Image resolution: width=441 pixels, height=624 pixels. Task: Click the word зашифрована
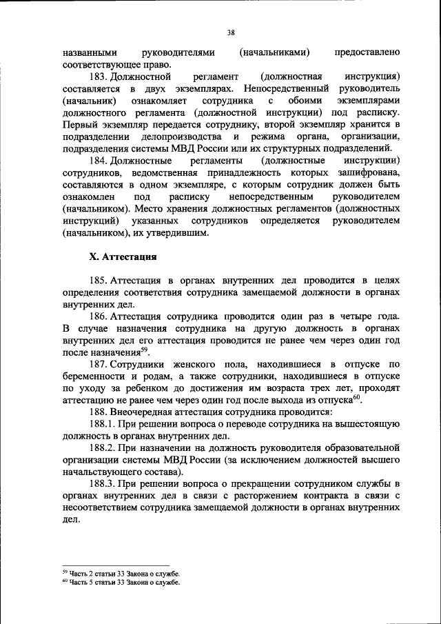369,172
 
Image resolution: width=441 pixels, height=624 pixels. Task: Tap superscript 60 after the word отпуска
358,396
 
